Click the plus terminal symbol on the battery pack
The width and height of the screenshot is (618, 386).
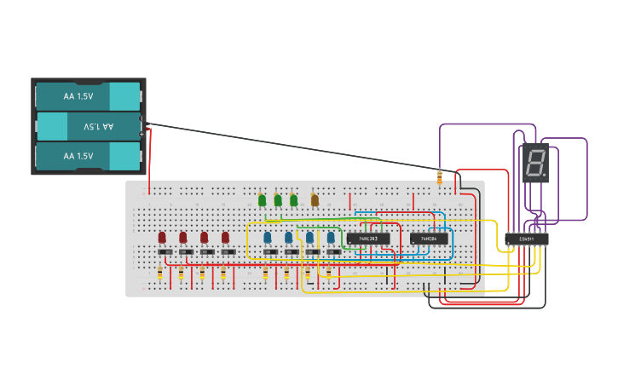point(142,134)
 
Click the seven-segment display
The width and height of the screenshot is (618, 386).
point(535,163)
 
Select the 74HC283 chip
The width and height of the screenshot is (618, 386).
point(368,239)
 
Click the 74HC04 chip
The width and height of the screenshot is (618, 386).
point(429,239)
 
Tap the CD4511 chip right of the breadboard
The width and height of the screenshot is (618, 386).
point(526,239)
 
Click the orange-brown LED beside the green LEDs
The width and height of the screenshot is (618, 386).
point(315,200)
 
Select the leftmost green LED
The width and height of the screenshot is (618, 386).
point(263,200)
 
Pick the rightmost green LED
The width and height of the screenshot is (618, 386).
point(294,200)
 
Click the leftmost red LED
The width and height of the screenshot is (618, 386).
point(162,237)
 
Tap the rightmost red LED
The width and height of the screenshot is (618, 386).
point(226,237)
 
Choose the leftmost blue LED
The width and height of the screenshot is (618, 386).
point(268,237)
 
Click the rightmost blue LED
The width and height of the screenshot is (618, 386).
point(331,237)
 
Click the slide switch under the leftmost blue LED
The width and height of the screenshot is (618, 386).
point(270,251)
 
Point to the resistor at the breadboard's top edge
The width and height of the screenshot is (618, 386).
point(440,178)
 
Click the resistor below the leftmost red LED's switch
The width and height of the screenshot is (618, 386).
point(160,273)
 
